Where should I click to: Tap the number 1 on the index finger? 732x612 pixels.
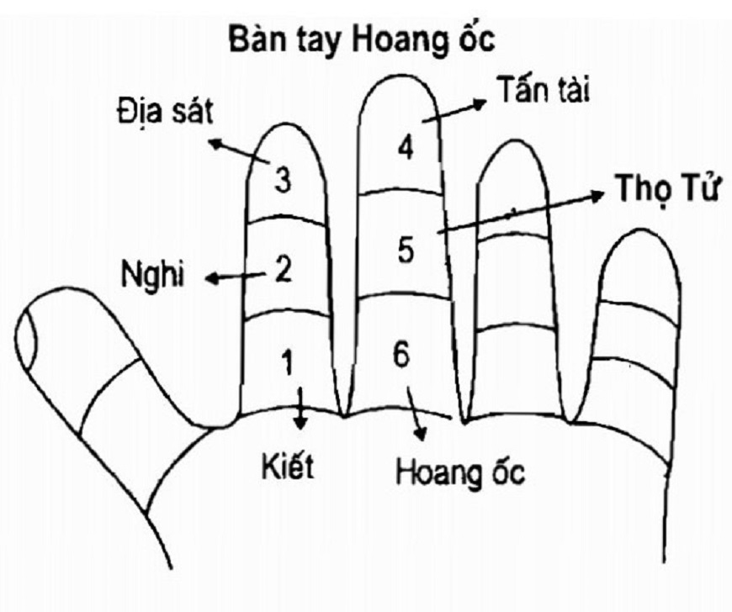(x=288, y=363)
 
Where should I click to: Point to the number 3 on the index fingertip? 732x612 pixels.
(x=283, y=178)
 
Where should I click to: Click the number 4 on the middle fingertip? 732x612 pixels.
(x=406, y=149)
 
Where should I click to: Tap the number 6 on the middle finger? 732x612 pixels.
(x=400, y=354)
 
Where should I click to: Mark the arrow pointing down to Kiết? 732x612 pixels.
(x=300, y=409)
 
